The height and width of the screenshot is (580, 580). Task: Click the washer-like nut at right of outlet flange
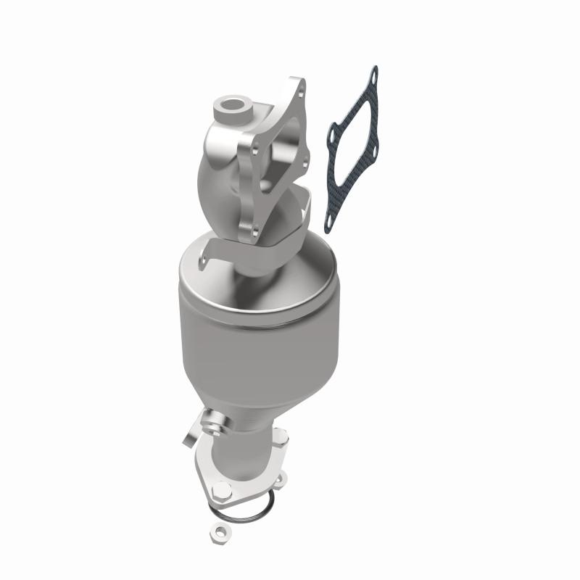[x=278, y=478]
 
